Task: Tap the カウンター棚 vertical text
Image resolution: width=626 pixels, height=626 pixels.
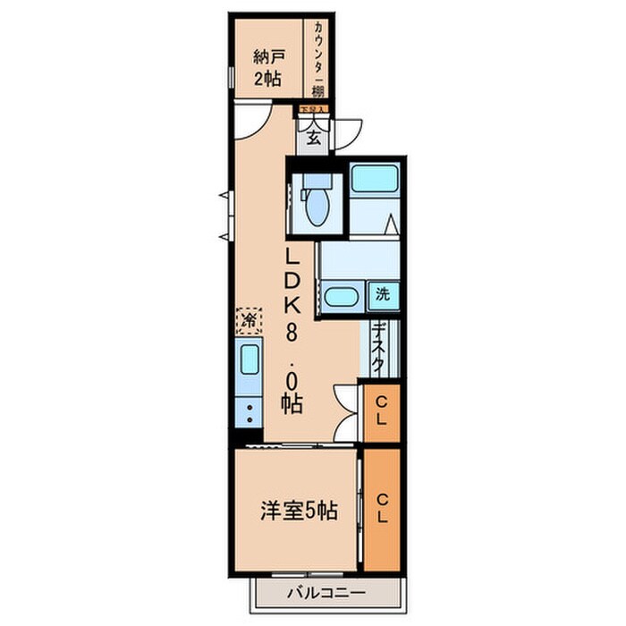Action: tap(317, 59)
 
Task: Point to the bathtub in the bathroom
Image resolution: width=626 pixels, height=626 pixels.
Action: tap(374, 180)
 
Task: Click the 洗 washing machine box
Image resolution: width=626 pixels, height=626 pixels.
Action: tap(382, 293)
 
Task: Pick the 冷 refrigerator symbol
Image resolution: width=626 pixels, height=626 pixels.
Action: tap(250, 319)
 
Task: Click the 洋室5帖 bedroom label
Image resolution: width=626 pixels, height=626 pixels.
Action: tap(300, 512)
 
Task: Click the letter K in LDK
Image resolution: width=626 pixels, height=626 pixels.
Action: tap(292, 303)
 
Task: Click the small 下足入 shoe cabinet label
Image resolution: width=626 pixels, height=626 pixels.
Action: tap(312, 110)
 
